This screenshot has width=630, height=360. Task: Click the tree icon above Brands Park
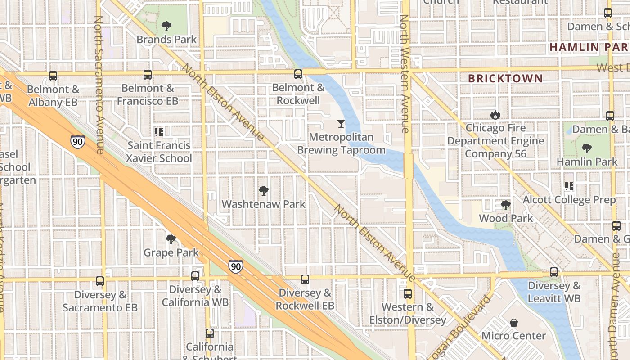point(166,26)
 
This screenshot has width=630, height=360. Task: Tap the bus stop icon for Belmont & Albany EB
point(53,76)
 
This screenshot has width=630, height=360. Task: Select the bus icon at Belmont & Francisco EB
point(148,75)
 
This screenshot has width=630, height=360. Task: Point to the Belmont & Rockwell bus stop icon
point(298,74)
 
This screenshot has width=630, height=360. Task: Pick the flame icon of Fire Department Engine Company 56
point(495,115)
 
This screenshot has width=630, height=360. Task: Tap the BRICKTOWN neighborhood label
point(505,78)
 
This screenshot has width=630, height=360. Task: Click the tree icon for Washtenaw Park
point(264,191)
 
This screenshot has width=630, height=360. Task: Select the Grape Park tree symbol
point(171,239)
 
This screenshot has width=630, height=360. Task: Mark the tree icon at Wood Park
point(506,205)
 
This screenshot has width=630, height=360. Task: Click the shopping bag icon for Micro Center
point(514,323)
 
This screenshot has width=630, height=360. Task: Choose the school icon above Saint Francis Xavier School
point(158,132)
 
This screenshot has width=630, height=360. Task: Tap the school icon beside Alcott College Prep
point(569,186)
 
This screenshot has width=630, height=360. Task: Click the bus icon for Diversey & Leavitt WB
point(554,272)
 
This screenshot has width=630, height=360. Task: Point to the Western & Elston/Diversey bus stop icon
point(408,294)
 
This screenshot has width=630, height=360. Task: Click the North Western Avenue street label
point(404,74)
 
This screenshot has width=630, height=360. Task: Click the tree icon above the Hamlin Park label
point(586,148)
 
